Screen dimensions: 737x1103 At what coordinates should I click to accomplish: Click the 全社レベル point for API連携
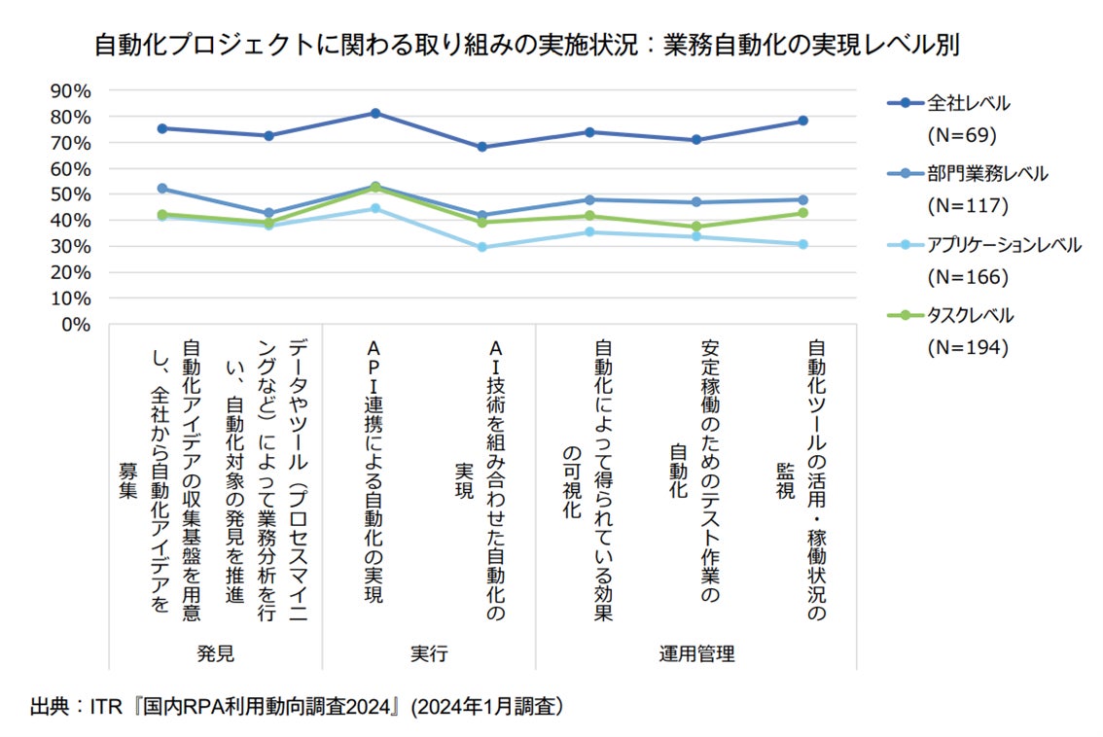pyautogui.click(x=375, y=113)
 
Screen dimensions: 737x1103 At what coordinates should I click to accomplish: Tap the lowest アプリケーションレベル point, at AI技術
pyautogui.click(x=482, y=247)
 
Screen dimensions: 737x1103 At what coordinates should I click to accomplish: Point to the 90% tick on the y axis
pyautogui.click(x=69, y=90)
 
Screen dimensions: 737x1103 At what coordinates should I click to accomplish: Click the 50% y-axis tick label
pyautogui.click(x=69, y=194)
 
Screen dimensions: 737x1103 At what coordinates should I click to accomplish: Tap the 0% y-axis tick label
pyautogui.click(x=75, y=324)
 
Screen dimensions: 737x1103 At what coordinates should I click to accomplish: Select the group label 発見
pyautogui.click(x=215, y=653)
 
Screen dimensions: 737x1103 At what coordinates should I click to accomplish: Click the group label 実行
pyautogui.click(x=429, y=653)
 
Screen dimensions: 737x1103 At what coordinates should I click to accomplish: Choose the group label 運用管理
pyautogui.click(x=696, y=653)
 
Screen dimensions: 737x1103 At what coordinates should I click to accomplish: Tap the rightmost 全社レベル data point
pyautogui.click(x=803, y=121)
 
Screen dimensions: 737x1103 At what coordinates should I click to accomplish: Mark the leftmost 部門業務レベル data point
pyautogui.click(x=161, y=189)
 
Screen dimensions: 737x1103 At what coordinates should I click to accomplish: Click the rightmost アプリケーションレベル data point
pyautogui.click(x=803, y=244)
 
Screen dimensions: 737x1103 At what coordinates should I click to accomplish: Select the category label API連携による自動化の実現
pyautogui.click(x=375, y=472)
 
